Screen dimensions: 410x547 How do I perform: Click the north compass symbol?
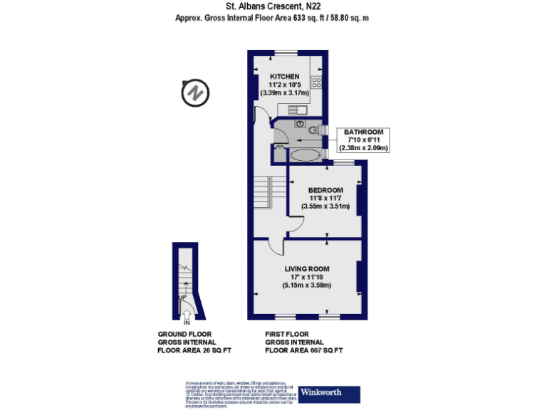(194, 94)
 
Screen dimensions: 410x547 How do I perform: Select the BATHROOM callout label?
(364, 132)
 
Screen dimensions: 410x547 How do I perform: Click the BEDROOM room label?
(325, 190)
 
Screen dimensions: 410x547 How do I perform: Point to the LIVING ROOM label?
(306, 268)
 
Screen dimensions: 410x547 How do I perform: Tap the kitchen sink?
(299, 109)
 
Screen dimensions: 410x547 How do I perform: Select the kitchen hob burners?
(316, 82)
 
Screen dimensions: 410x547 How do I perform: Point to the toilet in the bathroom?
(313, 129)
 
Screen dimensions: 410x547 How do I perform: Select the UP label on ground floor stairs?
(183, 298)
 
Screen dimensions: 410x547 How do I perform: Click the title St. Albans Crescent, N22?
(273, 7)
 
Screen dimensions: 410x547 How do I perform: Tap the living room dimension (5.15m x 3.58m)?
(306, 285)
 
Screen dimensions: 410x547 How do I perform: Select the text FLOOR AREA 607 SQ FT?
(304, 350)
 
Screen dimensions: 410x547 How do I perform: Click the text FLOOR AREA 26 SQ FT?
(194, 350)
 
